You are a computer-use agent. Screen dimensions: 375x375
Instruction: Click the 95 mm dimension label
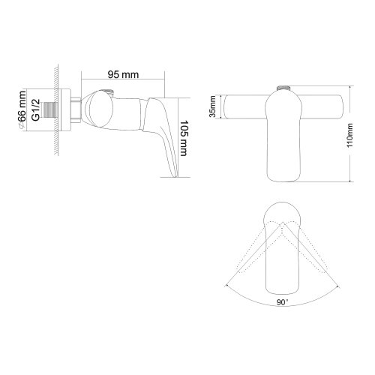[x=123, y=74]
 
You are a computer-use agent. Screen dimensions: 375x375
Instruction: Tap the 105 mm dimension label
[x=184, y=138]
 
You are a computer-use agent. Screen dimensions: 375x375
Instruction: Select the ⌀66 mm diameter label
[x=22, y=110]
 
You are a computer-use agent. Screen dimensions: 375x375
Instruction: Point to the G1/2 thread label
[x=36, y=110]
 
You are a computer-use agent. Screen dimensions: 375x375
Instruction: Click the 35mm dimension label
[x=213, y=106]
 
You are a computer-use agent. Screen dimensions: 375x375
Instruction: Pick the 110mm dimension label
[x=349, y=135]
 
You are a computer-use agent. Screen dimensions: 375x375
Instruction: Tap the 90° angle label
[x=282, y=302]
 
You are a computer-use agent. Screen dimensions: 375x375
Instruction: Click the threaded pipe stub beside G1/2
[x=51, y=110]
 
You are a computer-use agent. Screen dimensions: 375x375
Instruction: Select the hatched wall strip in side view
[x=56, y=110]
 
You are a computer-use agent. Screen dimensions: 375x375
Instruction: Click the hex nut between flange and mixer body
[x=76, y=110]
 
